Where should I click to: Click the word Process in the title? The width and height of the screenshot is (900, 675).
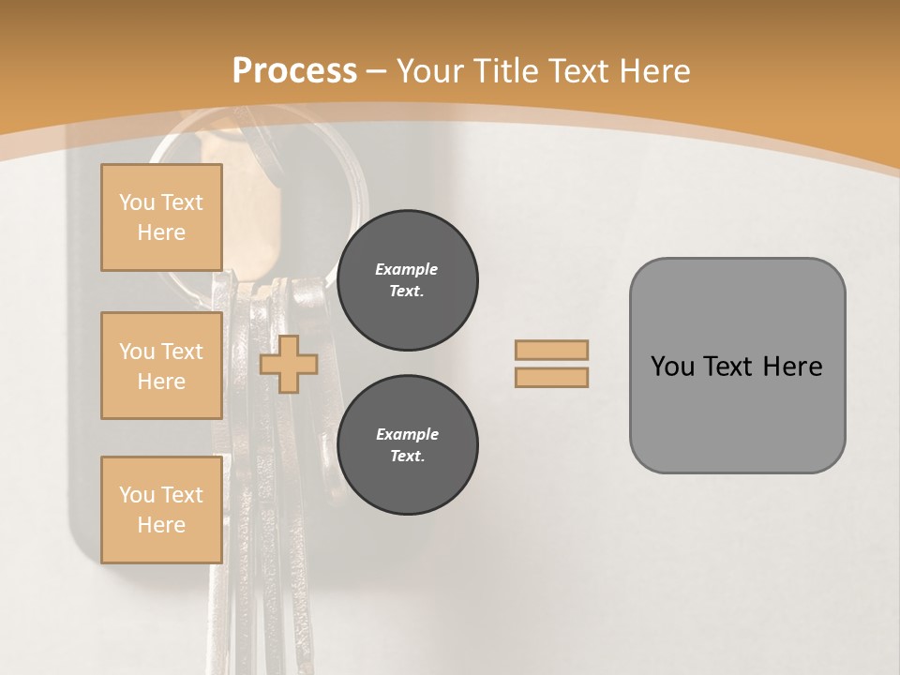(x=294, y=71)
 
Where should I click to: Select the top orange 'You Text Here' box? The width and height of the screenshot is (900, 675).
(x=161, y=217)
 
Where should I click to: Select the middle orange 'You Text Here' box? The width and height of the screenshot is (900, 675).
(x=161, y=366)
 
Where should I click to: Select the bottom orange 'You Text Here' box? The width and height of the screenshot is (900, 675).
(x=161, y=510)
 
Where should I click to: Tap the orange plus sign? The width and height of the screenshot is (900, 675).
(x=289, y=364)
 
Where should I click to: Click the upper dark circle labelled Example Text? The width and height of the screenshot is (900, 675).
(x=408, y=280)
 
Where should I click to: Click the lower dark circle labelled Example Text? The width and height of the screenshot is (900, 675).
(x=408, y=445)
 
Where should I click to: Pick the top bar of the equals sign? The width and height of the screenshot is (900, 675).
(x=552, y=350)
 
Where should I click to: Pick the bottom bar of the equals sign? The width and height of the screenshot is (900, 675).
(x=552, y=377)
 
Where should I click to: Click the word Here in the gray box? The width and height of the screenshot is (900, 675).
(x=792, y=367)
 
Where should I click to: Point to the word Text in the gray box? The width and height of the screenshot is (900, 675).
(x=729, y=367)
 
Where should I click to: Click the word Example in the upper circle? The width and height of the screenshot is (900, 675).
(x=407, y=269)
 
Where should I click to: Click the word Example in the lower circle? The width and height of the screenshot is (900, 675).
(x=407, y=434)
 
